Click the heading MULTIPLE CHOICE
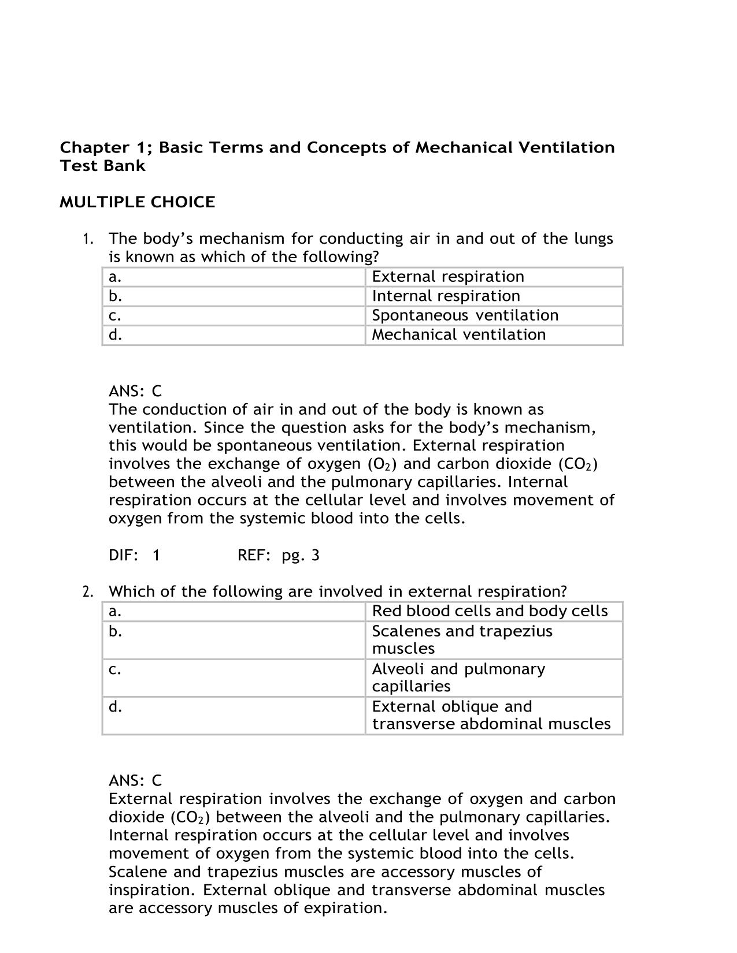coord(137,202)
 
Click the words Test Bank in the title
coord(102,166)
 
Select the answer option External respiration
coord(448,277)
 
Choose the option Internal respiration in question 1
coord(446,296)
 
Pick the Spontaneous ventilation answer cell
coord(465,315)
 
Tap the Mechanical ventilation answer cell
coord(458,335)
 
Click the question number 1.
coord(87,239)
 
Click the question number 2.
coord(87,592)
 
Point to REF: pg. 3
coord(278,556)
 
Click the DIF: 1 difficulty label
coord(134,556)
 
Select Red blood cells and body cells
coord(490,611)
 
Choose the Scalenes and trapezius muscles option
coord(462,639)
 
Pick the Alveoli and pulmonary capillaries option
coord(458,677)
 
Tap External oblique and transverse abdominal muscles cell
coord(491,715)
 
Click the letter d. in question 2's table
coord(115,707)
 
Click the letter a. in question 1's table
coord(115,277)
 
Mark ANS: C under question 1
coord(135,391)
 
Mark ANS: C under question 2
coord(135,781)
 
